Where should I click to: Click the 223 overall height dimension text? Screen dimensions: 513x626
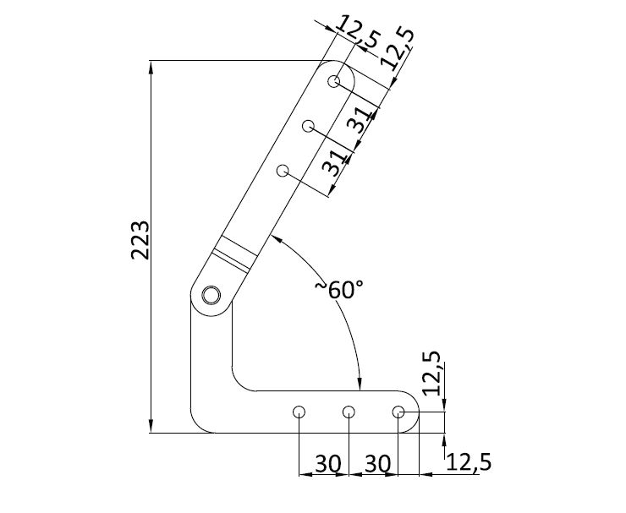141,240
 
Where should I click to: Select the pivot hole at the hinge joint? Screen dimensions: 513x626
211,294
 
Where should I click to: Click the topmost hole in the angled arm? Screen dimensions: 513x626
336,82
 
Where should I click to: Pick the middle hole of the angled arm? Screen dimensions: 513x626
310,127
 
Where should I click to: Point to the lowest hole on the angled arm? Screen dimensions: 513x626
283,172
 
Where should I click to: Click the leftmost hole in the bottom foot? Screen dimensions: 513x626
299,412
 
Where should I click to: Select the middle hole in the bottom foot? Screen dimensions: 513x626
349,412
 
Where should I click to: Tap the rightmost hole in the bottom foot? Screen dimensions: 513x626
398,412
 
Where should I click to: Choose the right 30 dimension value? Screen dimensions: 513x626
378,463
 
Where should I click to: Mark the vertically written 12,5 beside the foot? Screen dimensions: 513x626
431,374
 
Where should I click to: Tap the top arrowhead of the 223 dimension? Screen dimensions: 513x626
151,66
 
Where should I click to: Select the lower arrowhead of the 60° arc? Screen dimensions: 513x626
360,385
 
